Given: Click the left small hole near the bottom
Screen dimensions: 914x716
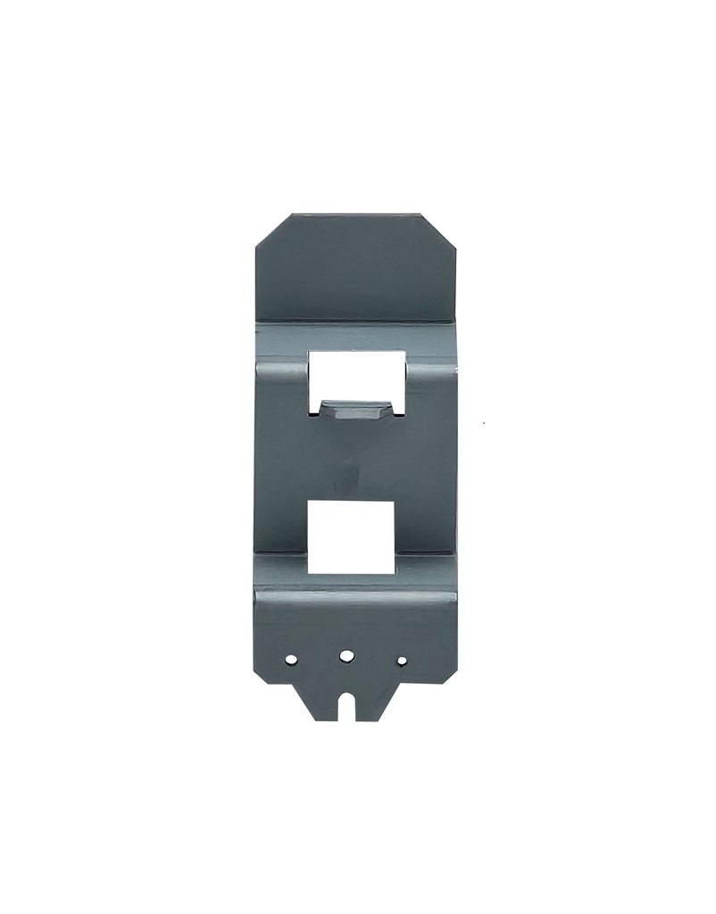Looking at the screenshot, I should [x=291, y=660].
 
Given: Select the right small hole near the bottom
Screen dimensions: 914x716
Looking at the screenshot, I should [x=402, y=661].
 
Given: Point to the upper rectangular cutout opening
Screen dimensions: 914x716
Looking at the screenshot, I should [x=356, y=375].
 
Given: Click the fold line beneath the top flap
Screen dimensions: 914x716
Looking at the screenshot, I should [x=355, y=320].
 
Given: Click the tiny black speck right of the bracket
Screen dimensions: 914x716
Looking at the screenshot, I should [x=483, y=422].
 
